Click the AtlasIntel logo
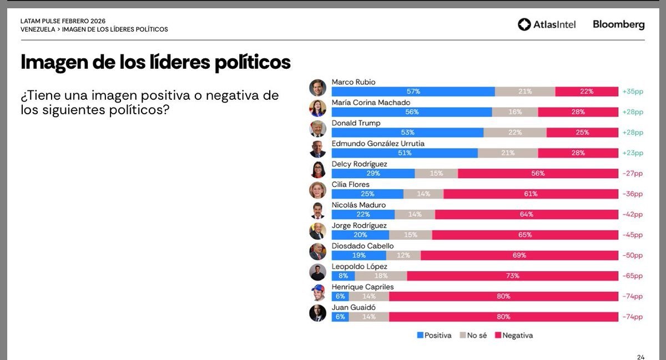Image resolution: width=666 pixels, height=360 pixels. point(547,24)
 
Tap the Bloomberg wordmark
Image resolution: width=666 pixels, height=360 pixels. point(618,24)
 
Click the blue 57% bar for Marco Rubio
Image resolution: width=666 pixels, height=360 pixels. point(413,92)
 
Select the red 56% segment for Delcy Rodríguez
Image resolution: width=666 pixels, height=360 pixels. point(538,174)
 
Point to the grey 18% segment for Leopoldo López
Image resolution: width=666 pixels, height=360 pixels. point(381,276)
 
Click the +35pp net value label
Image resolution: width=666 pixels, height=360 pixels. point(633,92)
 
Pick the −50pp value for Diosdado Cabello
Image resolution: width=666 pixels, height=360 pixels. point(633,256)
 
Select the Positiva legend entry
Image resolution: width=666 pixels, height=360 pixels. point(435,336)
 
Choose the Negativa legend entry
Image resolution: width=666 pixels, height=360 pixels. point(513,336)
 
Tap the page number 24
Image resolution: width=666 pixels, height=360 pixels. point(640,357)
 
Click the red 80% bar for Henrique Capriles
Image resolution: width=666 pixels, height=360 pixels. point(503,296)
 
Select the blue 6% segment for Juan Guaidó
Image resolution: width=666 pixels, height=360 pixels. point(340,317)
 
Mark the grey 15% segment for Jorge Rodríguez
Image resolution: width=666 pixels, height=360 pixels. point(411,235)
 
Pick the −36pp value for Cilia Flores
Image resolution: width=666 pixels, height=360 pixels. point(633,194)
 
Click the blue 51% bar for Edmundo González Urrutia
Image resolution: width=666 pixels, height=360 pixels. point(405,153)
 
